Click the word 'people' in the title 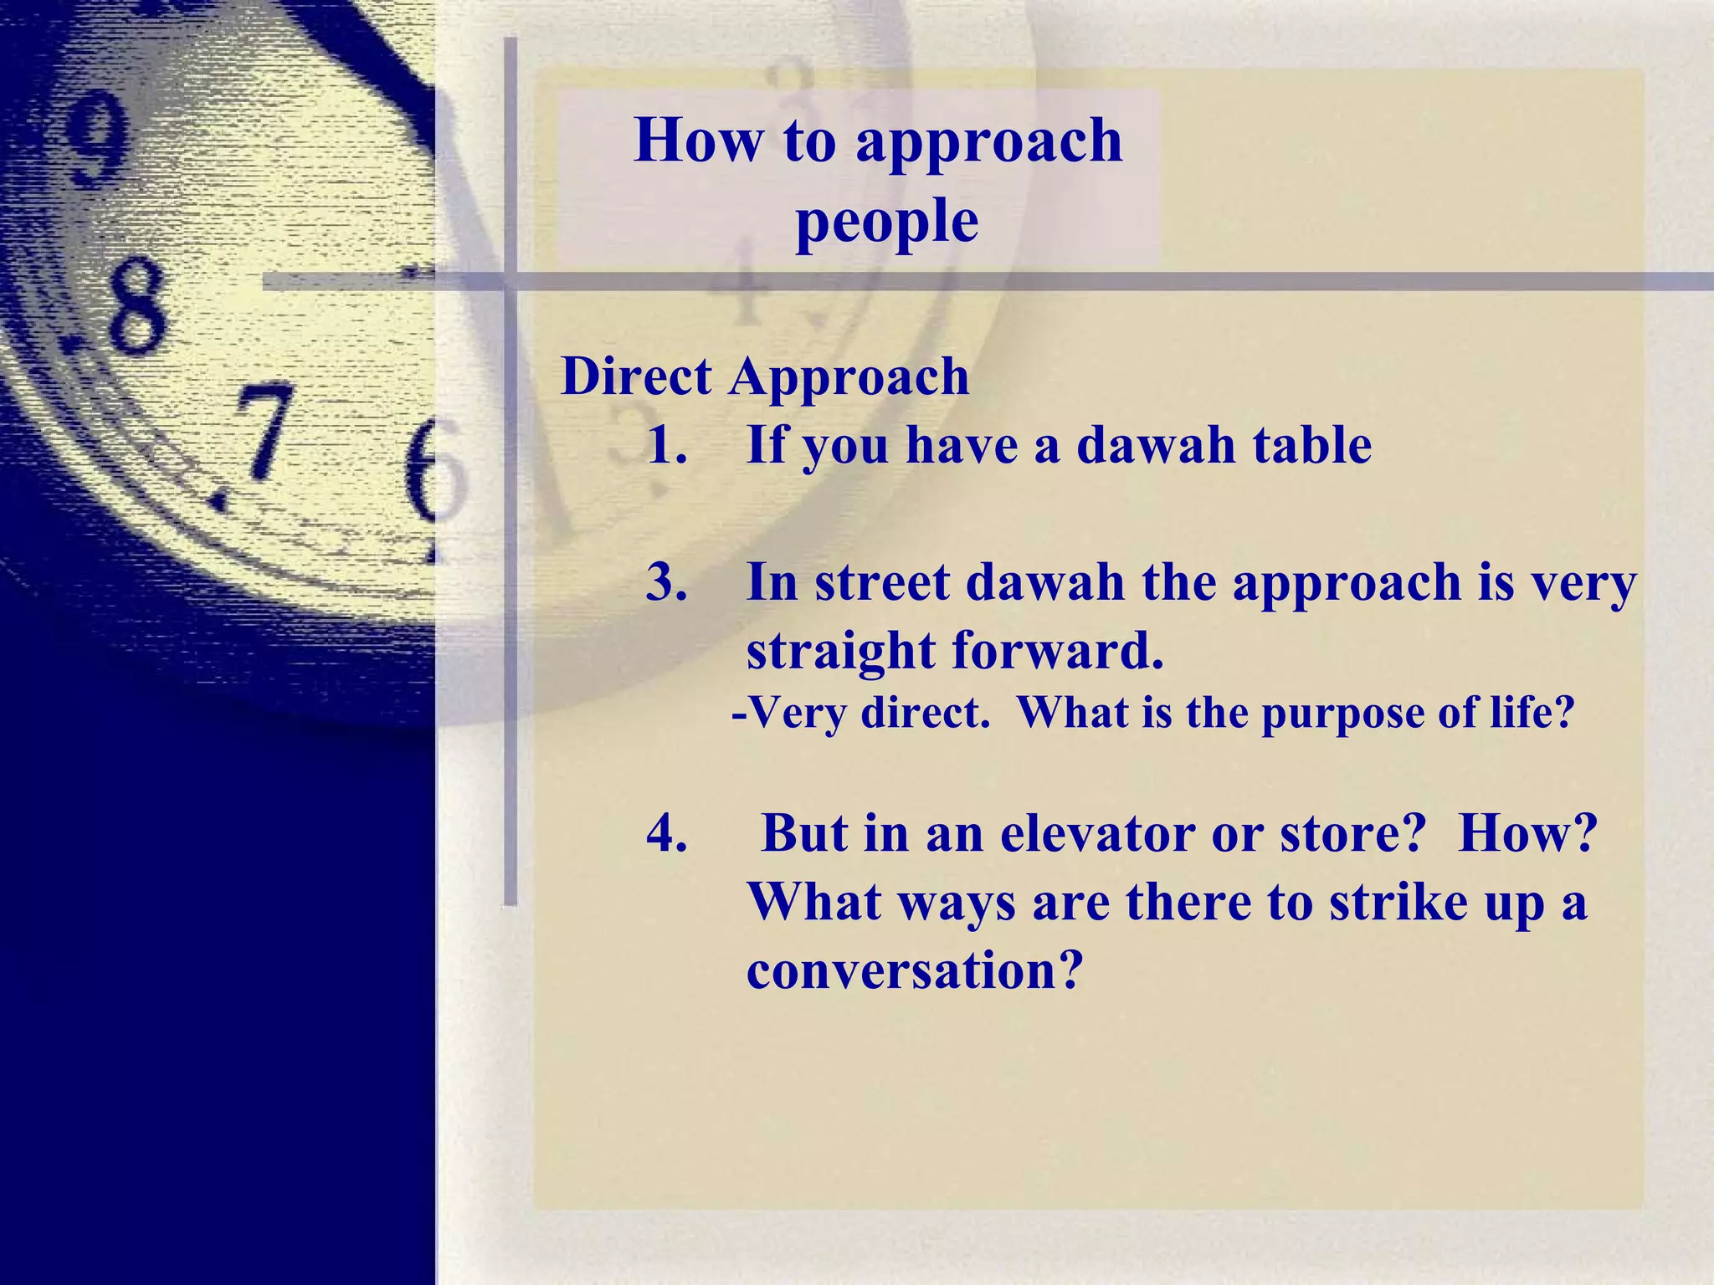tap(887, 223)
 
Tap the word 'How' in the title tap(698, 140)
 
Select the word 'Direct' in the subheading tap(636, 376)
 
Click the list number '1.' tap(668, 445)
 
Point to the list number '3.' tap(668, 583)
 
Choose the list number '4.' tap(668, 834)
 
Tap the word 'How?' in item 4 tap(1527, 834)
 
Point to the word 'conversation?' tap(915, 971)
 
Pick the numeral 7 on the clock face tap(261, 431)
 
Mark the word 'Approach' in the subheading tap(849, 378)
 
